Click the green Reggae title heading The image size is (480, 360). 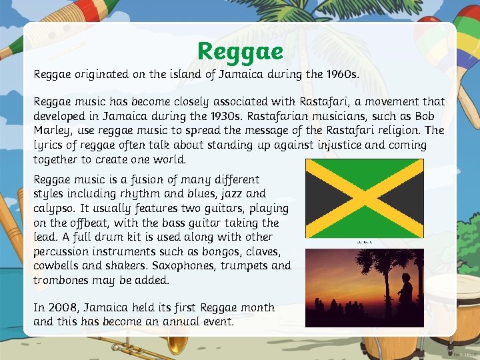click(x=240, y=51)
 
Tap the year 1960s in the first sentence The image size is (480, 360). click(x=341, y=75)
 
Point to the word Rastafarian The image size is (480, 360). click(x=237, y=116)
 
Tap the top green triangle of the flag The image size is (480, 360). click(x=364, y=169)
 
